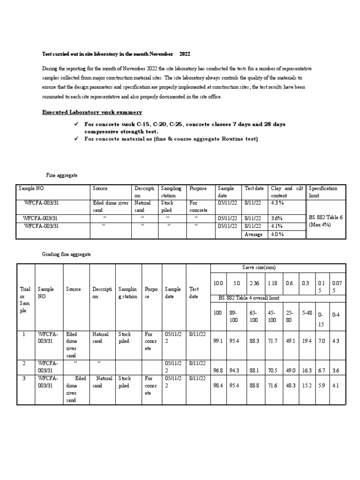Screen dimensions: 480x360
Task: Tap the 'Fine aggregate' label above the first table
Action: pyautogui.click(x=62, y=175)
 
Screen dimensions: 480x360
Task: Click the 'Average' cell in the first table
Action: pyautogui.click(x=253, y=234)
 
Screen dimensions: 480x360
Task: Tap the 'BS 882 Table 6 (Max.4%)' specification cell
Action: pyautogui.click(x=325, y=221)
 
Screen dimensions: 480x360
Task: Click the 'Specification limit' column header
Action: pyautogui.click(x=323, y=192)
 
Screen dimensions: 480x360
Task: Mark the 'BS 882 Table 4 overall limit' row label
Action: pyautogui.click(x=255, y=298)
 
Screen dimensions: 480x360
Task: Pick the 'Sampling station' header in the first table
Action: pyautogui.click(x=171, y=192)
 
